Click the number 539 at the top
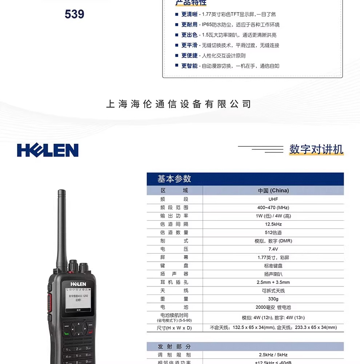[75, 14]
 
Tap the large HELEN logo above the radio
[48, 150]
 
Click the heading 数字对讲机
[316, 149]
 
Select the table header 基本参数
[174, 179]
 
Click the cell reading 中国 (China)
[273, 190]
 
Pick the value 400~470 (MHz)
[273, 207]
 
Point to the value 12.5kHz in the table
[273, 224]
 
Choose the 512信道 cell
[273, 233]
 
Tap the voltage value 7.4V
[273, 249]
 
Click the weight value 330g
[273, 299]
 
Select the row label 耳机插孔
[174, 282]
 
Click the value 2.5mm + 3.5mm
[273, 282]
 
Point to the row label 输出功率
[174, 216]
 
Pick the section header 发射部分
[174, 347]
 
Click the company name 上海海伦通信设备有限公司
[179, 104]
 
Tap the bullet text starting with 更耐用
[231, 25]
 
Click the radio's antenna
[60, 226]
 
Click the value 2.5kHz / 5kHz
[273, 355]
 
